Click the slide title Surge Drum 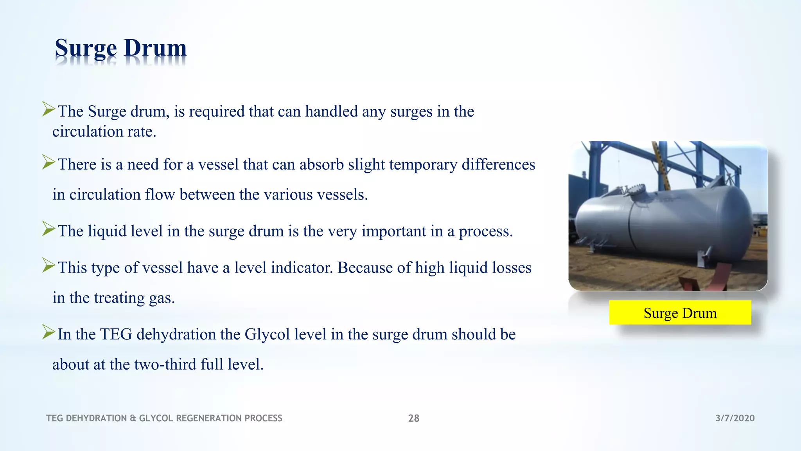[x=120, y=49]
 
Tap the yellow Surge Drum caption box [x=680, y=313]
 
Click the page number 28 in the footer [x=413, y=418]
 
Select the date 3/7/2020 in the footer [x=735, y=418]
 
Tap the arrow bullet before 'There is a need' [x=48, y=162]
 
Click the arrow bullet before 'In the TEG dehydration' [x=48, y=332]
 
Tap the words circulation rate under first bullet [x=104, y=132]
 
